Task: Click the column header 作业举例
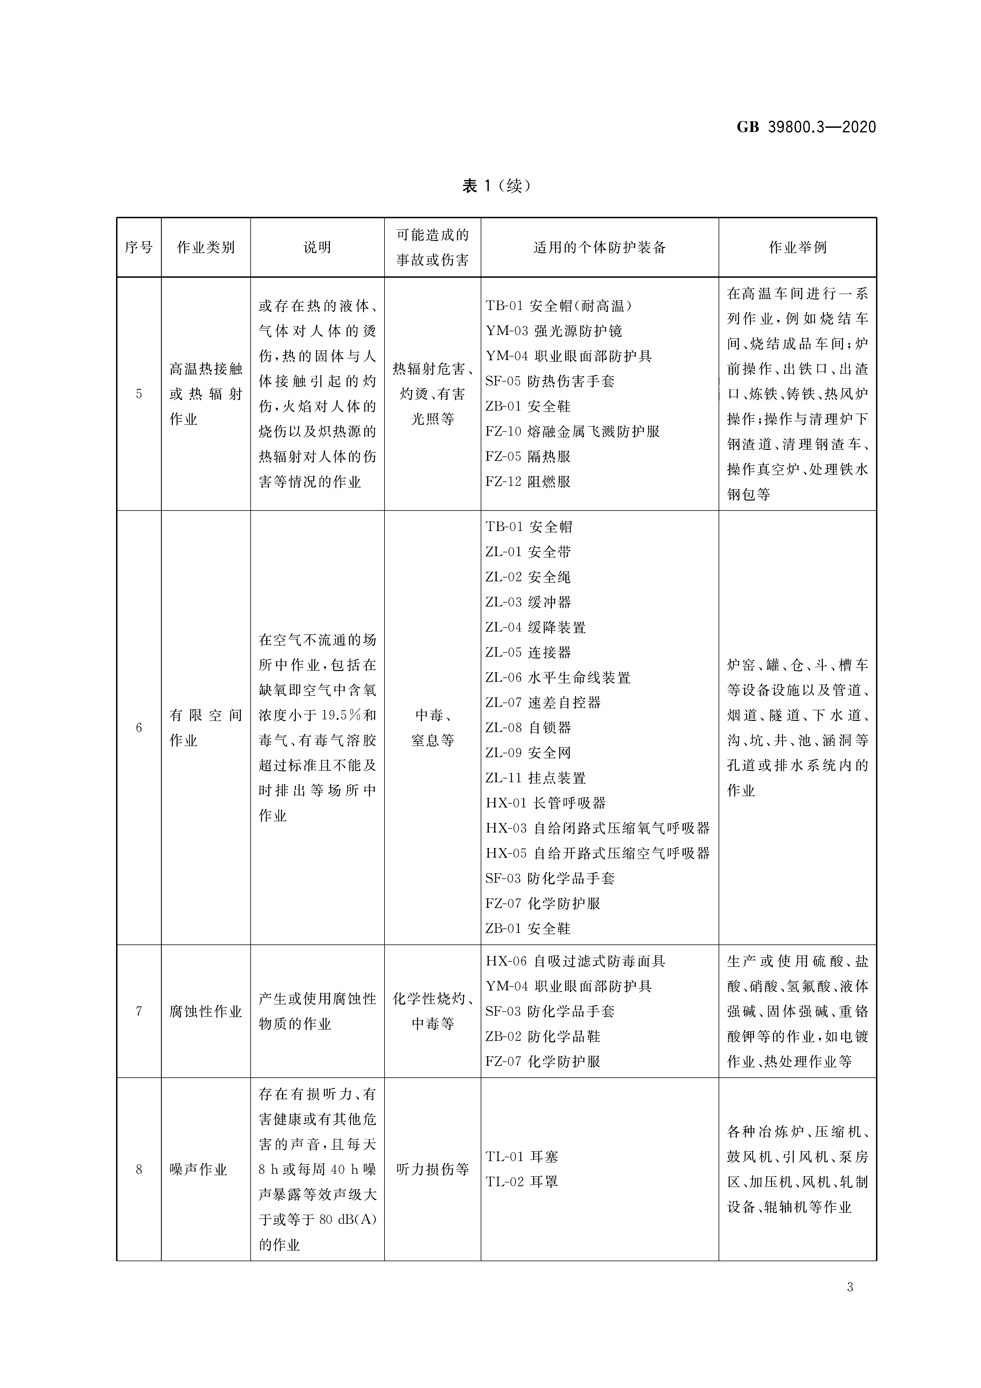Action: point(797,247)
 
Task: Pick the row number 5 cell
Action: point(139,394)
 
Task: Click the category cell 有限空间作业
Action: point(205,728)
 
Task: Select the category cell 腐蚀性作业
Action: point(205,1011)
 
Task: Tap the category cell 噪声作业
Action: point(198,1170)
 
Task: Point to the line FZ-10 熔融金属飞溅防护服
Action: point(572,432)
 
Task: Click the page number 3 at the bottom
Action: point(850,1288)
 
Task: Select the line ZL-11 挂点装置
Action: point(535,778)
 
